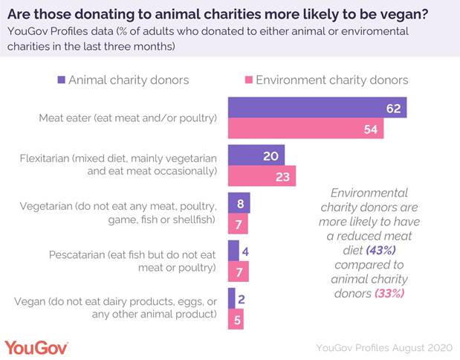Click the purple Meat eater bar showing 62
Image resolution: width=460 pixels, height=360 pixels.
316,109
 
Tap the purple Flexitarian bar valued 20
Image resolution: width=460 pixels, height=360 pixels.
256,155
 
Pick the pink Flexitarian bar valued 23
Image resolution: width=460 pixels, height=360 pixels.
261,176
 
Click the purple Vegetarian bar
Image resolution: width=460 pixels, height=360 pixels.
239,202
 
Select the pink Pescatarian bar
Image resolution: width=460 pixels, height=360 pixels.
238,271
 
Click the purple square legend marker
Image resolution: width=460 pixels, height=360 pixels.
61,80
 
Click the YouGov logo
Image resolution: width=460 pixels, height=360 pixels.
36,347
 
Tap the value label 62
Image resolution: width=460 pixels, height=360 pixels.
394,109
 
